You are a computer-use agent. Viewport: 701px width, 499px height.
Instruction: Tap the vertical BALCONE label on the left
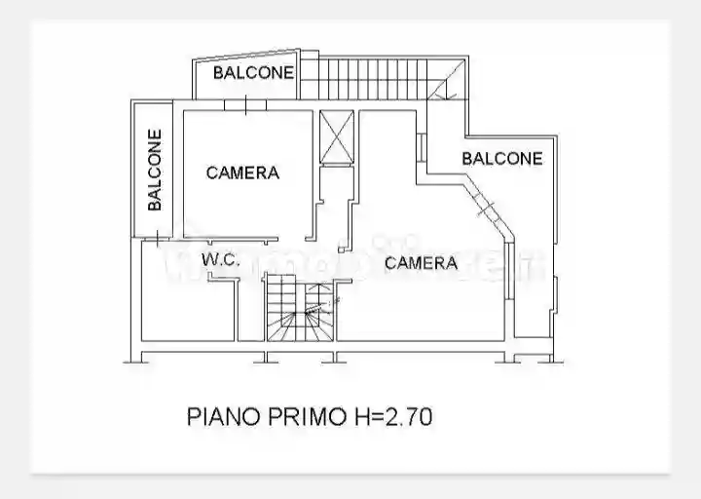(155, 171)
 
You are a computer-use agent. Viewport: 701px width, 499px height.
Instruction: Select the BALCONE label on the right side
(501, 158)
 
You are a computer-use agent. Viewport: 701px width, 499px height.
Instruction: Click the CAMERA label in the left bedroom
(242, 173)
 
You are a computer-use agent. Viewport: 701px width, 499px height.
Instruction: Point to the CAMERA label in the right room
(421, 262)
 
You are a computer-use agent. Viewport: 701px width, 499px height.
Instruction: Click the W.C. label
(221, 259)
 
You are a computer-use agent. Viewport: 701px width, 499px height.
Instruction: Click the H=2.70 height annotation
(391, 417)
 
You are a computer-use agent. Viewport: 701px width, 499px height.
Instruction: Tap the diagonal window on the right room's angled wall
(485, 203)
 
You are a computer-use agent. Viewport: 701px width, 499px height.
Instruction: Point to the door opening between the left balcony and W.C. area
(158, 237)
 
